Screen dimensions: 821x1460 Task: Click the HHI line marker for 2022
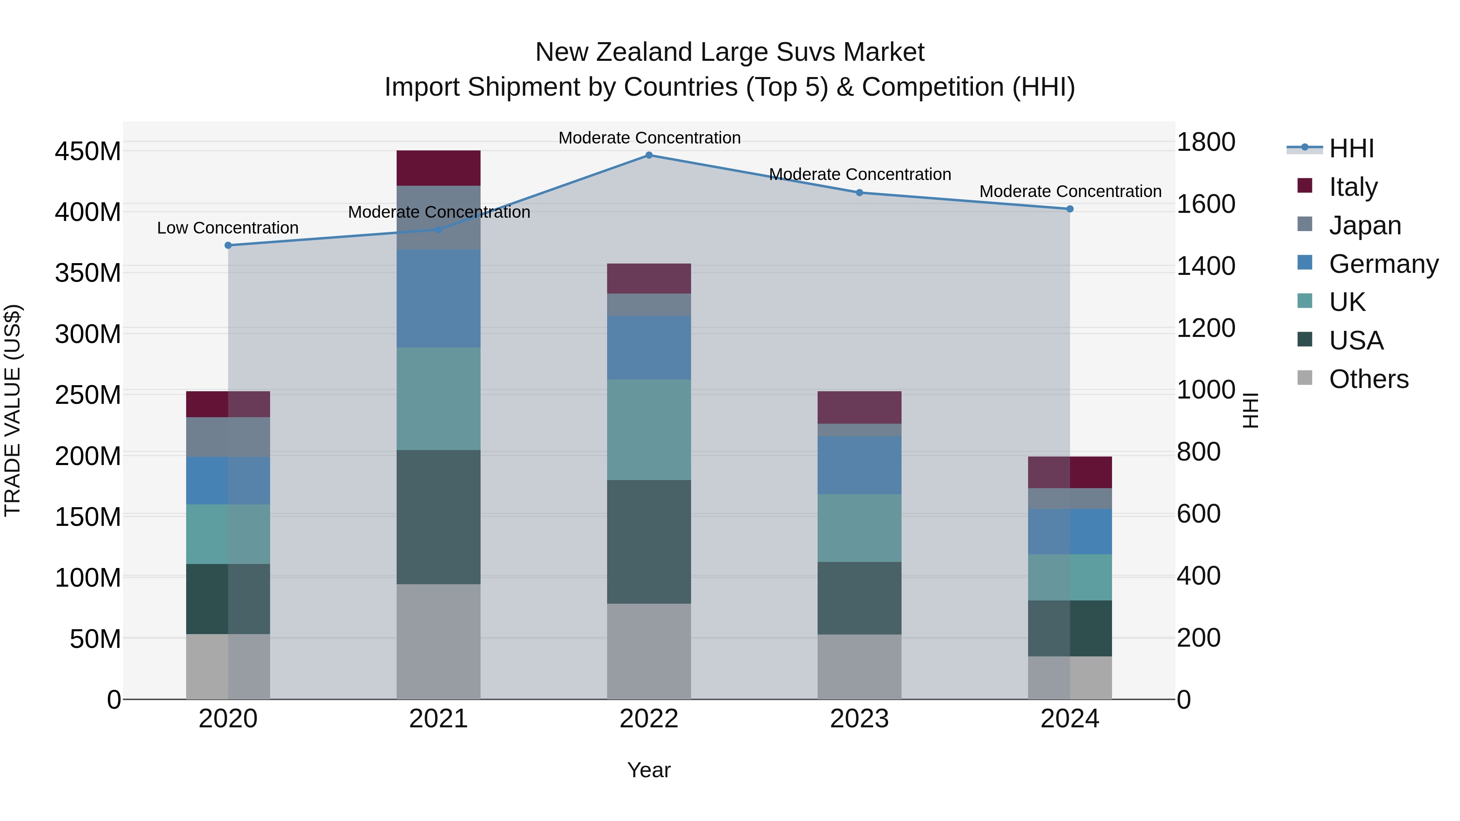[x=649, y=155]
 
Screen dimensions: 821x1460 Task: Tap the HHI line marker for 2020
[x=228, y=245]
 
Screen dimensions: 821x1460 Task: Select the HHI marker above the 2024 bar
[x=1069, y=209]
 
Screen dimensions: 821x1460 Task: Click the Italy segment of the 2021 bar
[x=438, y=168]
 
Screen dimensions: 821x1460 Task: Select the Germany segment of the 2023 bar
[x=859, y=465]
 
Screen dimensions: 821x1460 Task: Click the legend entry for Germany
[x=1383, y=264]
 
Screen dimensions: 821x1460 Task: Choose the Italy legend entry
[x=1353, y=187]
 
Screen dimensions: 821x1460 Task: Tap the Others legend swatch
[x=1304, y=378]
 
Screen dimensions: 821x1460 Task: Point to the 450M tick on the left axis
[x=88, y=151]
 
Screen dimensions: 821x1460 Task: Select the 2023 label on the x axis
[x=859, y=719]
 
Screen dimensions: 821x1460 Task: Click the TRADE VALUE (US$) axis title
[x=13, y=410]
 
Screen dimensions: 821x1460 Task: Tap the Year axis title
[x=648, y=770]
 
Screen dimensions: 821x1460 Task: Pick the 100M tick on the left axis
[x=88, y=578]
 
